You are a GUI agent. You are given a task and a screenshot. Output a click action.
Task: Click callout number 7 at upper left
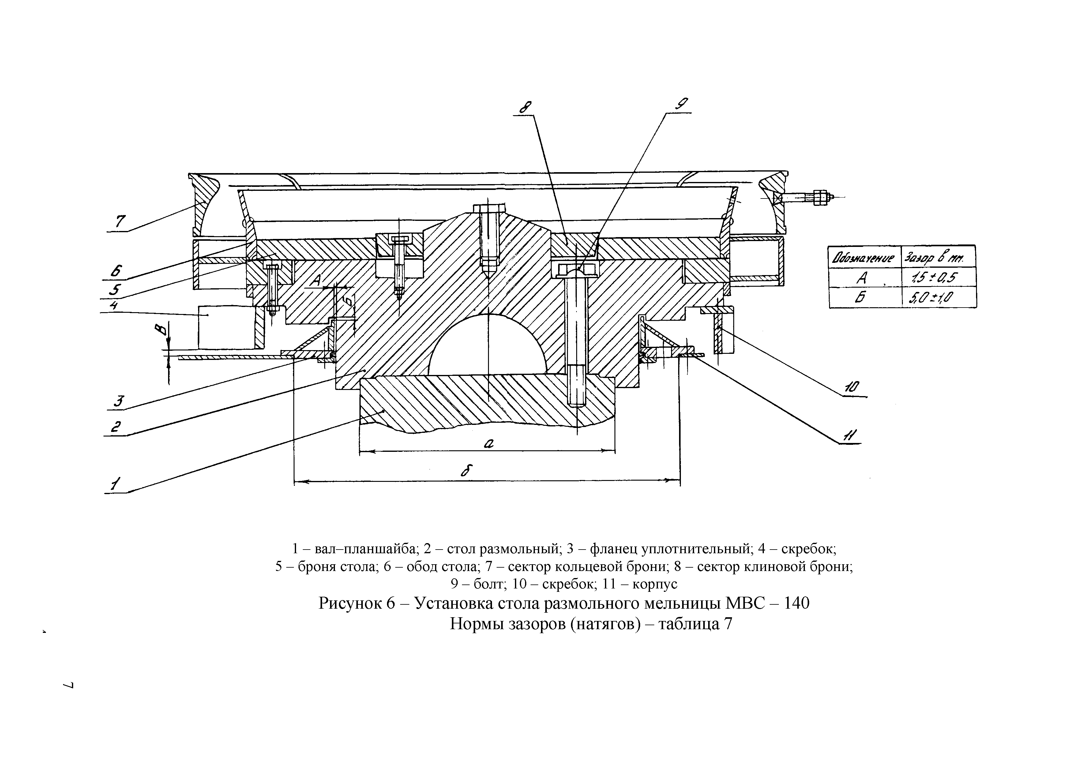coord(120,221)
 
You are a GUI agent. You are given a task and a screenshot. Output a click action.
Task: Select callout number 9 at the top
coord(682,104)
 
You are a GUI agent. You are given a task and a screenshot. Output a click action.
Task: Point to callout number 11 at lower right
coord(849,436)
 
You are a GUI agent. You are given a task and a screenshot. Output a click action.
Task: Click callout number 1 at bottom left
coord(115,484)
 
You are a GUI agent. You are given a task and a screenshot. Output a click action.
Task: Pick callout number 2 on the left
coord(115,427)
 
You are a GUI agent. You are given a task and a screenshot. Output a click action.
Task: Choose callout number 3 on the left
coord(119,401)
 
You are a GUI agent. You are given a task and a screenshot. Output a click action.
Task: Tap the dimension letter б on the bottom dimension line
coord(465,471)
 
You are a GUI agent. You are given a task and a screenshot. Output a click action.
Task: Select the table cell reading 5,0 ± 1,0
coord(931,297)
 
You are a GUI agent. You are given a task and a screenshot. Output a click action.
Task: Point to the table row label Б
coord(861,297)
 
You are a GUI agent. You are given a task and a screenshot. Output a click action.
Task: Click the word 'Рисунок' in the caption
coord(350,603)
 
